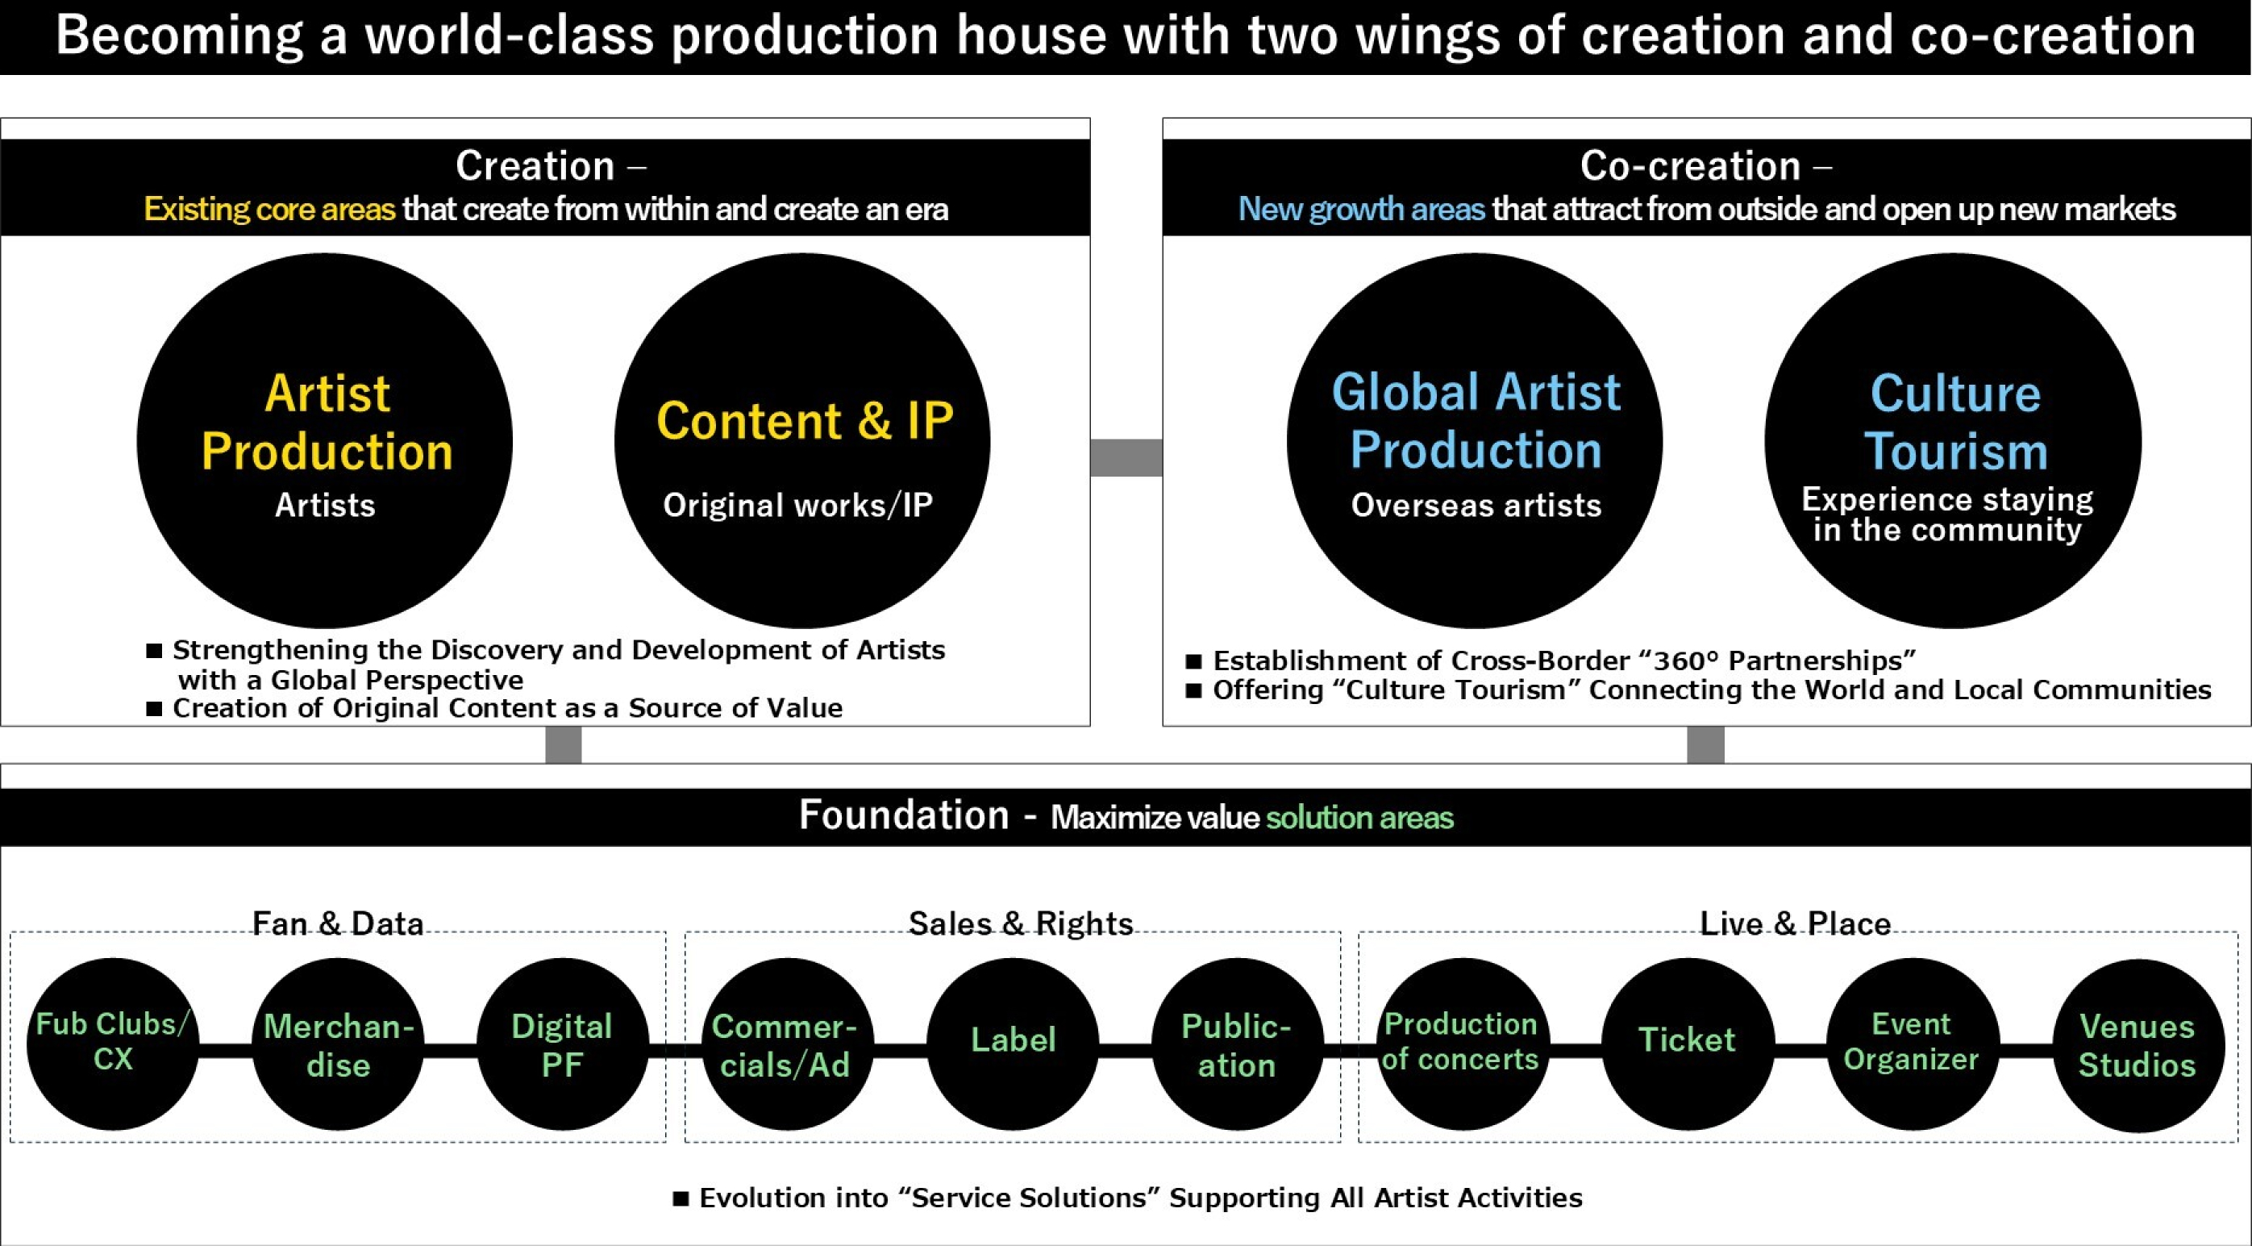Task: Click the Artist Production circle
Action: point(324,440)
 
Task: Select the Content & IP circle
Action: point(802,440)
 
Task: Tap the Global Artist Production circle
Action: point(1475,440)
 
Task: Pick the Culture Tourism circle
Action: point(1953,440)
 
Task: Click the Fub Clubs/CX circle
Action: point(113,1044)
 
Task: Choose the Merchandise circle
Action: point(339,1044)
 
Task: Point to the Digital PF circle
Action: point(563,1044)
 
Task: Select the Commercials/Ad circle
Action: point(788,1044)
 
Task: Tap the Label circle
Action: point(1014,1044)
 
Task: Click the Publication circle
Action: point(1238,1044)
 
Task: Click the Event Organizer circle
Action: point(1913,1044)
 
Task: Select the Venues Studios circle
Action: point(2138,1044)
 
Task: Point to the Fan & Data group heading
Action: point(338,923)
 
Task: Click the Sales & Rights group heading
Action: point(1020,923)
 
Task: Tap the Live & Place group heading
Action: point(1795,923)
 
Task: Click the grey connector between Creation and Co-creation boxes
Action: point(1126,457)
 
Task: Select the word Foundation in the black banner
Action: point(904,815)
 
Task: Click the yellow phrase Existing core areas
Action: point(269,209)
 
